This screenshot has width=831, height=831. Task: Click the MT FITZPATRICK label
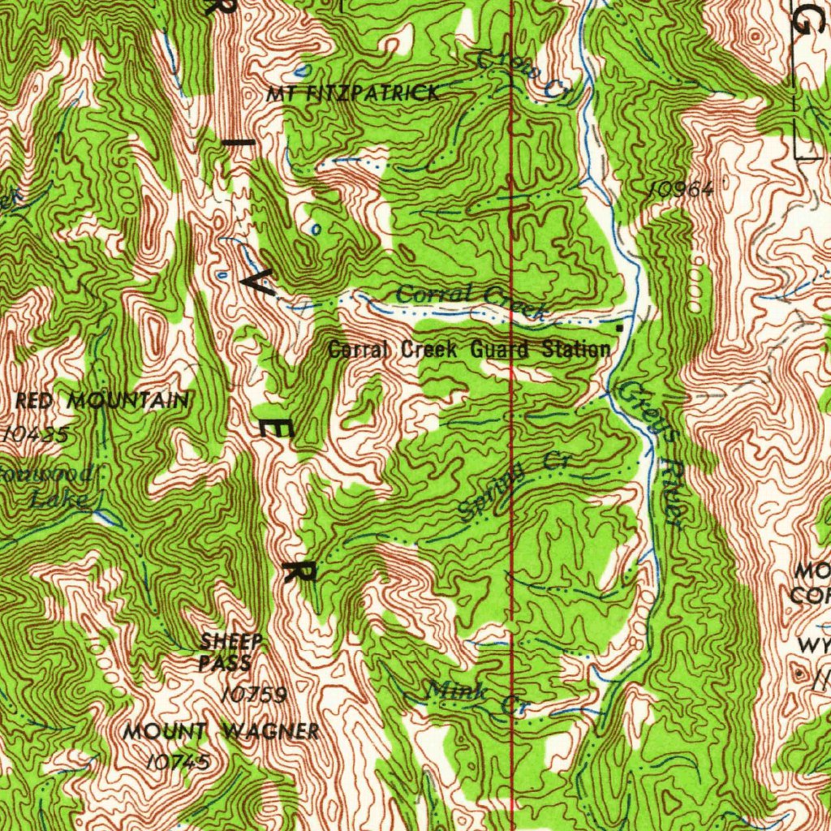(354, 93)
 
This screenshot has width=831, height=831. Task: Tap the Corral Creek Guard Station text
(468, 350)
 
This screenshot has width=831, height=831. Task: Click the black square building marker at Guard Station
(621, 327)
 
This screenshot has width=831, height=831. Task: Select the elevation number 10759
(254, 695)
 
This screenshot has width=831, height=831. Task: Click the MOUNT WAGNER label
(221, 731)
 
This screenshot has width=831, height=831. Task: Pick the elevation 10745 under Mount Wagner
(180, 761)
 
